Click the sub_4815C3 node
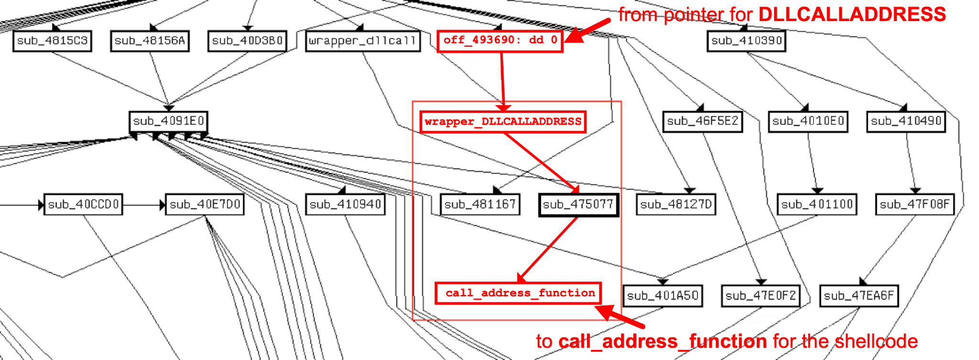[x=52, y=41]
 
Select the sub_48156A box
[x=150, y=41]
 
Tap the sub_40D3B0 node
[x=247, y=41]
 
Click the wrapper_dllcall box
[x=362, y=41]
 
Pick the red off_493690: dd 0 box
[x=500, y=41]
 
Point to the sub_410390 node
[x=746, y=41]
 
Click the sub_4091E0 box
[x=168, y=121]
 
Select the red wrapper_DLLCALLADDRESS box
[x=503, y=121]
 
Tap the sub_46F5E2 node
[x=702, y=121]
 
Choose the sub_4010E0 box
[x=808, y=121]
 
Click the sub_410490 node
[x=906, y=121]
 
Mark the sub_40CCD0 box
[x=83, y=205]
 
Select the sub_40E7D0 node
[x=205, y=205]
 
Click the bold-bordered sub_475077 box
[x=578, y=205]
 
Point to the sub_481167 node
[x=480, y=205]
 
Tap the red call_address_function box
[x=518, y=293]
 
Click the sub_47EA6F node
[x=859, y=296]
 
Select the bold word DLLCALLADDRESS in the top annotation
[x=852, y=15]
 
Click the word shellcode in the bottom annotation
[x=876, y=341]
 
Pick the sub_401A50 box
[x=663, y=296]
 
